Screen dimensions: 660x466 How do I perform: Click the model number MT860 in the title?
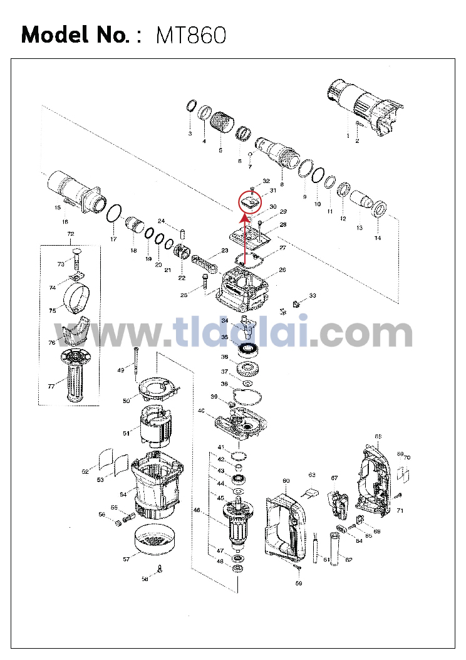pos(190,35)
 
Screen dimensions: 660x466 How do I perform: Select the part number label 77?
pos(51,387)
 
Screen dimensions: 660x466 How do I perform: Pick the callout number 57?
pos(126,558)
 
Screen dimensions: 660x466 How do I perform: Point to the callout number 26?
pos(282,270)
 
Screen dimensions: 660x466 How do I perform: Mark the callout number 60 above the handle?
pos(286,481)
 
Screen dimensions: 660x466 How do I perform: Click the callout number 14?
pos(378,238)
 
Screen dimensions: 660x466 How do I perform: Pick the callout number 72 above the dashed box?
pos(71,234)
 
